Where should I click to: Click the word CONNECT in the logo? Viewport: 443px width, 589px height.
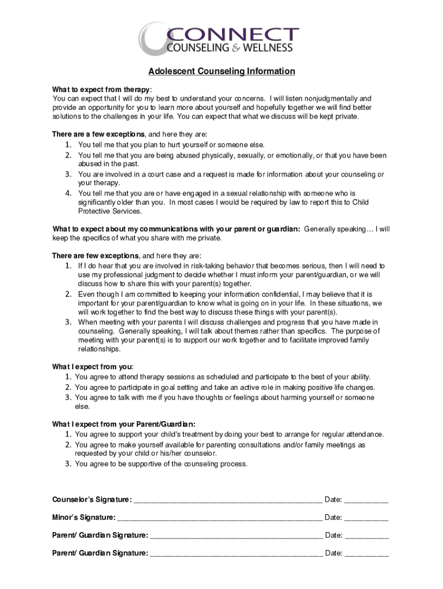pyautogui.click(x=232, y=34)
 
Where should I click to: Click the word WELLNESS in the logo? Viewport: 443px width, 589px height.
pyautogui.click(x=268, y=48)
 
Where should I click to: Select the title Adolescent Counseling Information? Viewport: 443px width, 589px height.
pyautogui.click(x=221, y=72)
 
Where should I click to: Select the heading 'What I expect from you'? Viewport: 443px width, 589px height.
pyautogui.click(x=92, y=366)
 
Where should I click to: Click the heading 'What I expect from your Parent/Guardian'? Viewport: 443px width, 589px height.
pyautogui.click(x=127, y=424)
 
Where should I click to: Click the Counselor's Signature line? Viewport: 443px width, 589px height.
pyautogui.click(x=227, y=500)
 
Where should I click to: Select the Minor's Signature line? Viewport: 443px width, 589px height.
pyautogui.click(x=219, y=518)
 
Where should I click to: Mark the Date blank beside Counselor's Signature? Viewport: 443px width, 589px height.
pyautogui.click(x=366, y=500)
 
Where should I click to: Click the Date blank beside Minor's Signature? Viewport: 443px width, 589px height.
pyautogui.click(x=366, y=518)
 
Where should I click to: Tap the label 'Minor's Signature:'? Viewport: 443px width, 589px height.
pyautogui.click(x=83, y=518)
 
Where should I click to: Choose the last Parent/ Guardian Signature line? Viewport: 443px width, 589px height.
pyautogui.click(x=235, y=554)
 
